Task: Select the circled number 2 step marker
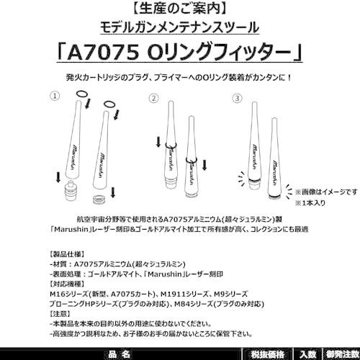click(153, 96)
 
